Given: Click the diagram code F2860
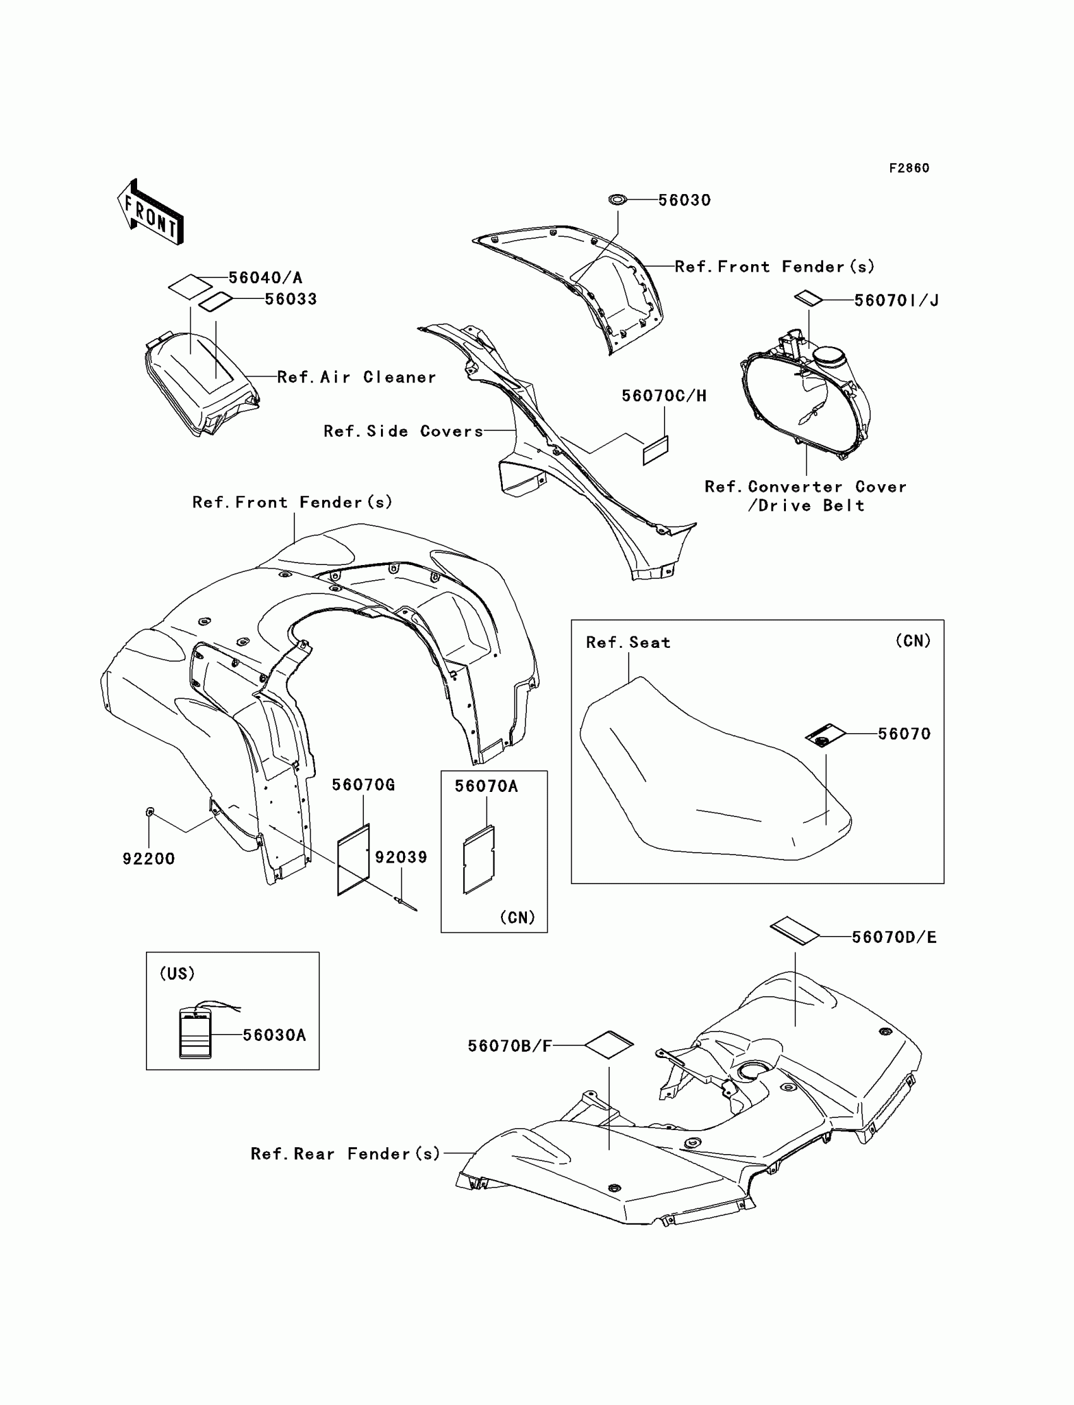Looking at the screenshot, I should coord(908,168).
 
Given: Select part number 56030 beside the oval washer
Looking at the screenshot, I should coord(684,200).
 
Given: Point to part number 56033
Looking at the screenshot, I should coord(291,299).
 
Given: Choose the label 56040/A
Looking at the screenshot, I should coord(265,277).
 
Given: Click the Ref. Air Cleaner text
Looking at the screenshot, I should coord(356,377).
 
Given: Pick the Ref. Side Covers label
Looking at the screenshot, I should coord(403,431).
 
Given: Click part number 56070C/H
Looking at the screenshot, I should coord(663,396).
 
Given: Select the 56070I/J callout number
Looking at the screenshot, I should coord(896,300).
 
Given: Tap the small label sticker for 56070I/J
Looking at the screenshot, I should coord(808,298).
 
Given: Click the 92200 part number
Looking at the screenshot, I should coord(148,858).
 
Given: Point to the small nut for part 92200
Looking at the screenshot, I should coord(149,812).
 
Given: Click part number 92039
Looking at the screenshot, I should coord(401,857).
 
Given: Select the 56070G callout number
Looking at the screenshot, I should coord(363,785).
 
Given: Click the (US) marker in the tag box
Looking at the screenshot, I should coord(177,973).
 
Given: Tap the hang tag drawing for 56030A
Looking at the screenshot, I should coord(195,1033).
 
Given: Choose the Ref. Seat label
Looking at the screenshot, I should coord(628,642).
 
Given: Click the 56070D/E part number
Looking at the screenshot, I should coord(894,937).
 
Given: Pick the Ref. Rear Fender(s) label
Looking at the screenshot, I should coord(345,1153).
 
